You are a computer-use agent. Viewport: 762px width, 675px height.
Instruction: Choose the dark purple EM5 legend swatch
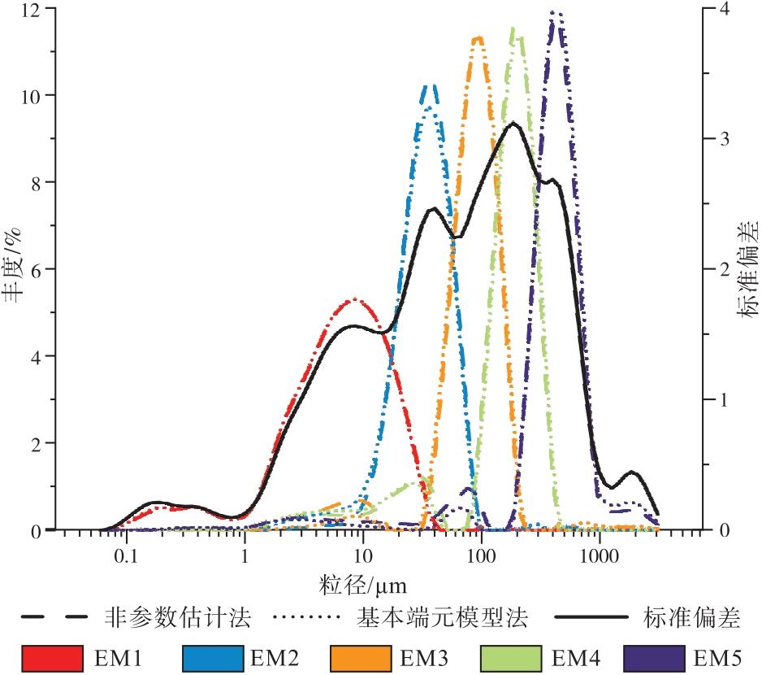click(x=654, y=655)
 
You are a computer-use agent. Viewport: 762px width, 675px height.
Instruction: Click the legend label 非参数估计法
click(x=178, y=618)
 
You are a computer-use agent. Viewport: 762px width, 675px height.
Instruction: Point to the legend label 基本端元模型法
click(x=443, y=618)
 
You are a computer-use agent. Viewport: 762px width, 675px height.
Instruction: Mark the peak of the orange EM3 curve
click(x=478, y=37)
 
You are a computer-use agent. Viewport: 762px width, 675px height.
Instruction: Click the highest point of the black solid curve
click(x=513, y=123)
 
